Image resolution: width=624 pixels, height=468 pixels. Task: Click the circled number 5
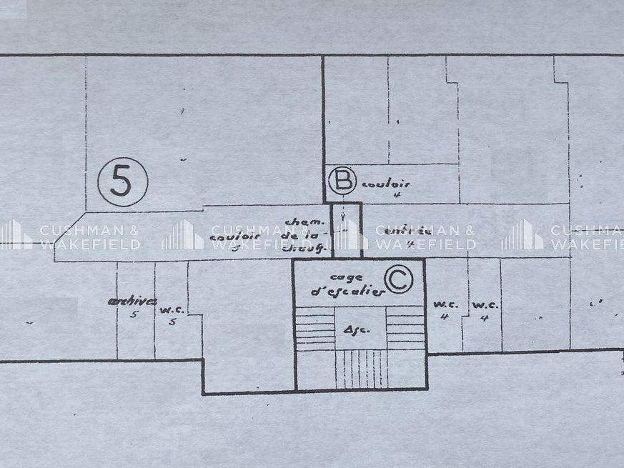coord(122,182)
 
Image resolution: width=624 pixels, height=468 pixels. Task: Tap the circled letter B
coord(342,181)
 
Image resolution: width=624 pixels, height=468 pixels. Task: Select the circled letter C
coord(398,280)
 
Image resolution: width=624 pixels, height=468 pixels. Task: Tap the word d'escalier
coord(347,291)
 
